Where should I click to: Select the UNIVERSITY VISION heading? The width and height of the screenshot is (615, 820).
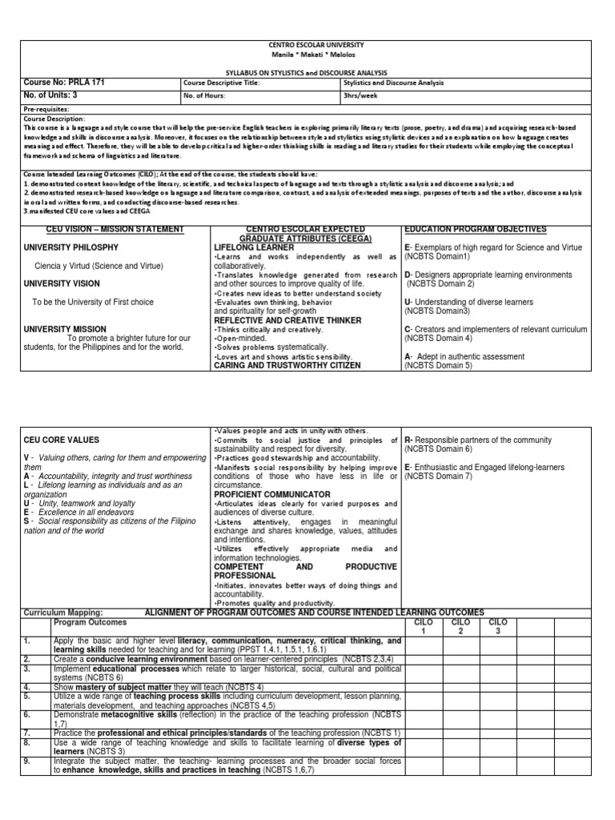(x=62, y=283)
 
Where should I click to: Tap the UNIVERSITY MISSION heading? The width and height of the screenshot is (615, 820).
(x=64, y=328)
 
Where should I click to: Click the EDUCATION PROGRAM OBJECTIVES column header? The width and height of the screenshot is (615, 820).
(x=475, y=229)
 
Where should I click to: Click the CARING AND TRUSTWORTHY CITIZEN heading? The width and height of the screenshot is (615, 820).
(x=276, y=365)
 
